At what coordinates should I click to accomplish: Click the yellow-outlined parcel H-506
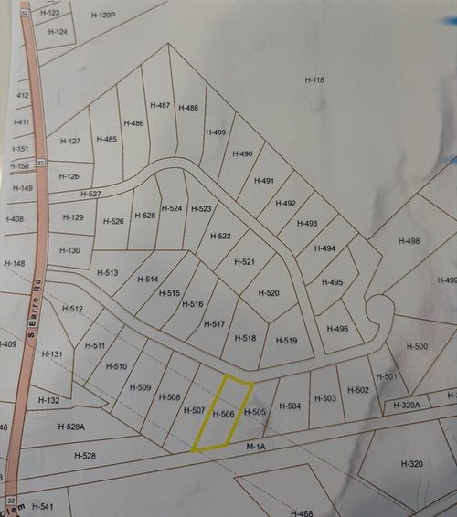tap(223, 414)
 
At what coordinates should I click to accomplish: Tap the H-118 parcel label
tap(314, 80)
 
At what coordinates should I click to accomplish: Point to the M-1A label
tap(256, 448)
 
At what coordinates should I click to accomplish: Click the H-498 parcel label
tap(409, 240)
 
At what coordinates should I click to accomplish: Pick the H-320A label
tap(404, 405)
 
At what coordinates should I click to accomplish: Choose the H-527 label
tap(90, 194)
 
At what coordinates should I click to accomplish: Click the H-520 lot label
tap(268, 293)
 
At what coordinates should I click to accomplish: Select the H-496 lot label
tap(336, 329)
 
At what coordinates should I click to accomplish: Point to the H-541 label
tap(43, 505)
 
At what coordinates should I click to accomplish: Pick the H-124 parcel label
tap(57, 32)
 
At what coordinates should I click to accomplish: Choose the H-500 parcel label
tap(416, 346)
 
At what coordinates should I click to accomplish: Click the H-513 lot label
tap(107, 273)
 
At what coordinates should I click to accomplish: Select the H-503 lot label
tap(324, 398)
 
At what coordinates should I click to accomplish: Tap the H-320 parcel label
tap(411, 464)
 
